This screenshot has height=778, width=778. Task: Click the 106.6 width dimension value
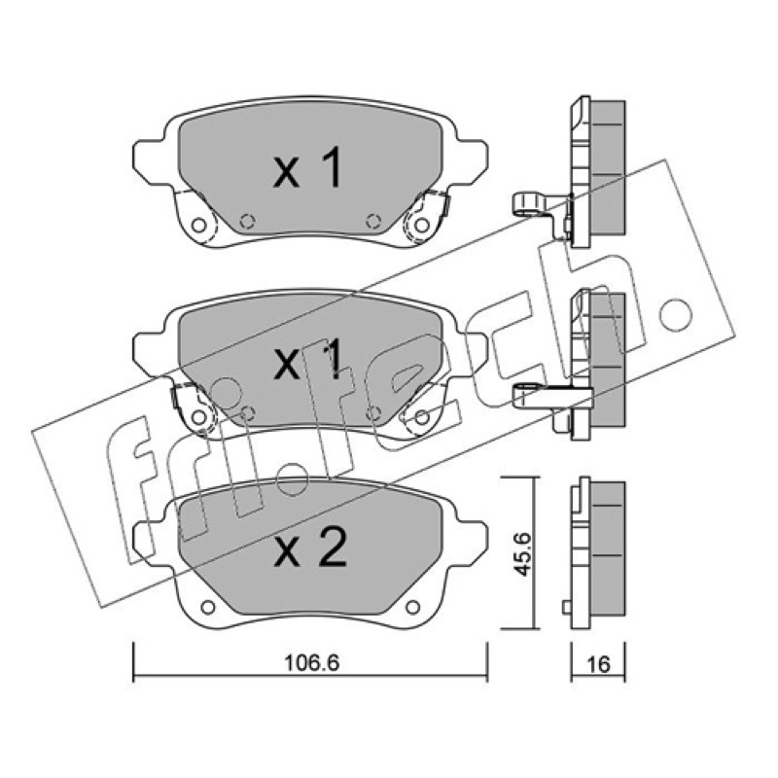pos(311,662)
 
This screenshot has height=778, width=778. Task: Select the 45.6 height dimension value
pos(522,554)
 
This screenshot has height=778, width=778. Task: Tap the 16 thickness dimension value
pos(598,664)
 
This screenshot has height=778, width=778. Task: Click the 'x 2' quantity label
pos(309,548)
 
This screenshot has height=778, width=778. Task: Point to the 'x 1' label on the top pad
pos(307,167)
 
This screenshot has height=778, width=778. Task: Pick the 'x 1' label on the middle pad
pos(307,360)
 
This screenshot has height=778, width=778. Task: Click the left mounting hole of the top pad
pos(198,226)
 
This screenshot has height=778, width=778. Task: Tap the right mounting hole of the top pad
pos(422,226)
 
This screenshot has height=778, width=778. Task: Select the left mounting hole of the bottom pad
pos(208,607)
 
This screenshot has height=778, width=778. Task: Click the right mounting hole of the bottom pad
pos(412,607)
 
